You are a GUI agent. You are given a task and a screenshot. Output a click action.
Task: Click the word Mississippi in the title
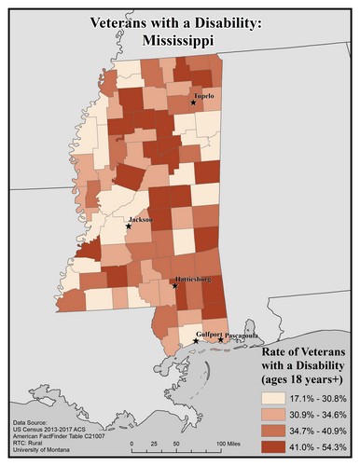click(179, 41)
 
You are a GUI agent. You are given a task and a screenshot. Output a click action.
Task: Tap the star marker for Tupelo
click(193, 103)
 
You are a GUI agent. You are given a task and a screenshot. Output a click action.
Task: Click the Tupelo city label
click(204, 95)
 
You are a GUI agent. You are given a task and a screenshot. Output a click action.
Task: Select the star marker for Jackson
click(128, 226)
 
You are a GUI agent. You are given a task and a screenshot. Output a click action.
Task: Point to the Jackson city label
click(140, 219)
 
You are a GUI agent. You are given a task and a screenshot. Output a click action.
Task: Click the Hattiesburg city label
click(191, 279)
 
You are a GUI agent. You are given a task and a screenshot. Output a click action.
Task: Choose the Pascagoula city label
click(241, 334)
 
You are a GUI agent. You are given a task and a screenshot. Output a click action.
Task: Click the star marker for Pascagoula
click(221, 340)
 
